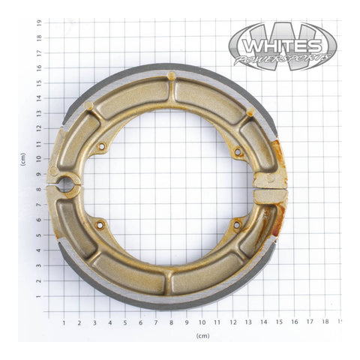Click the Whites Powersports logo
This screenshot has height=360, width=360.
tap(283, 46)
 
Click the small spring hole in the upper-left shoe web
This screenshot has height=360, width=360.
tap(102, 147)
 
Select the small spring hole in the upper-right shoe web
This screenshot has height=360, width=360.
tap(238, 151)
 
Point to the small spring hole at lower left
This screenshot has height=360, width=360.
tap(100, 223)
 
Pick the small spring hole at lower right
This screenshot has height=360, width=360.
tap(237, 223)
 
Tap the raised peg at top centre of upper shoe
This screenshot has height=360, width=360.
tap(172, 76)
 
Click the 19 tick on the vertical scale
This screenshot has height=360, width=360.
tap(38, 22)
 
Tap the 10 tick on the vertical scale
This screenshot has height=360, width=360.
tap(38, 160)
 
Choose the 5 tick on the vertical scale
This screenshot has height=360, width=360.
tap(38, 236)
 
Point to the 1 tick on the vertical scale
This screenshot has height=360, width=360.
tap(38, 297)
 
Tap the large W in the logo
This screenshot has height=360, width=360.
tap(283, 41)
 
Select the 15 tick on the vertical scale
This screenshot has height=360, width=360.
tap(38, 83)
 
